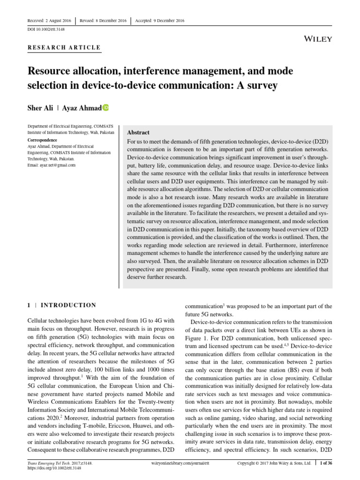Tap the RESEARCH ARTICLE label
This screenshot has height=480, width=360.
pyautogui.click(x=64, y=47)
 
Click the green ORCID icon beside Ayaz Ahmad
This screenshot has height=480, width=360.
pyautogui.click(x=105, y=108)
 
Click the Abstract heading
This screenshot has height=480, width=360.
pyautogui.click(x=138, y=133)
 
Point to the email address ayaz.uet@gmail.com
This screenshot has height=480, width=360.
pyautogui.click(x=52, y=165)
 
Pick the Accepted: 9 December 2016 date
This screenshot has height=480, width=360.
pyautogui.click(x=160, y=21)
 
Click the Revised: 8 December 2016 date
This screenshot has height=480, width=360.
pyautogui.click(x=104, y=21)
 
